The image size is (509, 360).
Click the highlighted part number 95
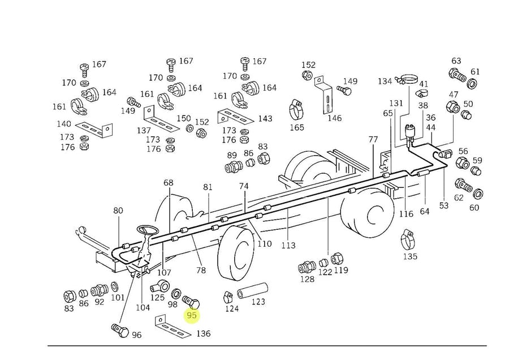192,315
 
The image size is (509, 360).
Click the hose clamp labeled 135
407,240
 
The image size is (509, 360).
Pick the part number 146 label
335,118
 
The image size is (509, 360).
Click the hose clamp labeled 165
296,106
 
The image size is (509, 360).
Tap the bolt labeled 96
118,330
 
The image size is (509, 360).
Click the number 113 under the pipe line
288,245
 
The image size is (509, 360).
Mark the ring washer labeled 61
472,84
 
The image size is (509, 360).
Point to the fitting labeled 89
232,167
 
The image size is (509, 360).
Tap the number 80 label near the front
118,211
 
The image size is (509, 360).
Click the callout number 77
373,139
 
